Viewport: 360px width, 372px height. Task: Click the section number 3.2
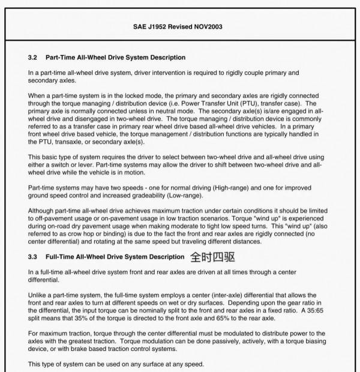pos(33,58)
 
